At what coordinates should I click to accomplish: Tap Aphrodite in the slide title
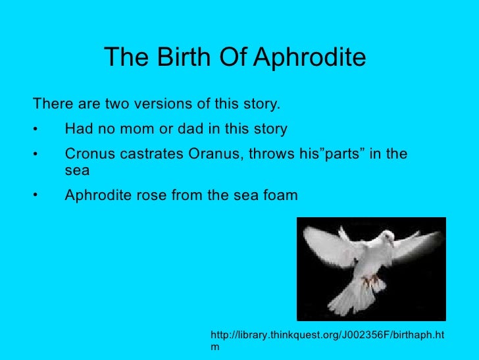point(309,59)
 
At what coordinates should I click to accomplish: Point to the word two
point(119,105)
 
